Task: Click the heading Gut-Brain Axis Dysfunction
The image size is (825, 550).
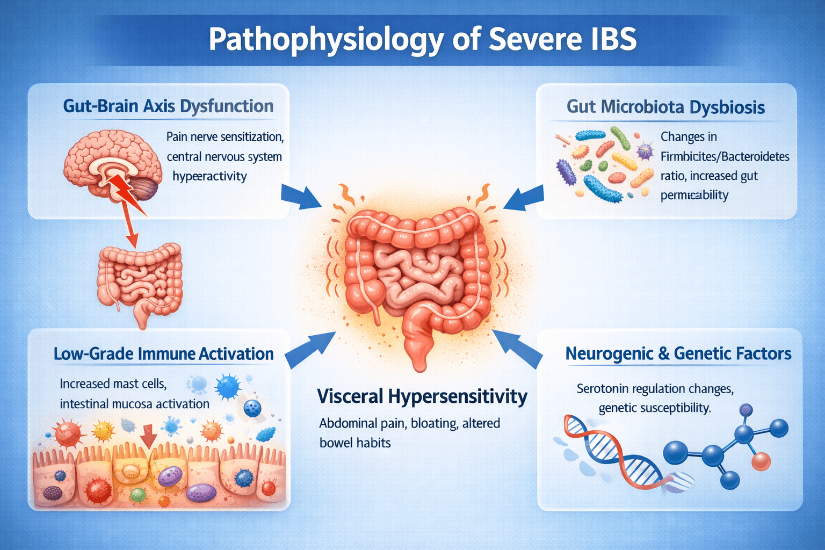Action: coord(168,106)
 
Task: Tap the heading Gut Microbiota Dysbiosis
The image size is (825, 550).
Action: coord(665,107)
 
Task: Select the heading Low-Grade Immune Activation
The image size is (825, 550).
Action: coord(163,353)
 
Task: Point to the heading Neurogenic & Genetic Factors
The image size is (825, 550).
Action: coord(678,353)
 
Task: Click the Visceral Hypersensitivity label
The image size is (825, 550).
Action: coord(422,397)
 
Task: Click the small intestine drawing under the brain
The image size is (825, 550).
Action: coord(140,284)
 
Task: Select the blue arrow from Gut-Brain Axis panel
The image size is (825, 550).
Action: coord(300,196)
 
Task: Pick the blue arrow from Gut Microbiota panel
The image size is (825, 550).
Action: coord(524,199)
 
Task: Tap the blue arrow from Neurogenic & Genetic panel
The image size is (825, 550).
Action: coord(517,348)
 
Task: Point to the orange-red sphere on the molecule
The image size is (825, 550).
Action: coord(761,461)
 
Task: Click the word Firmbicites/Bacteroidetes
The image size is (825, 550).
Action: coord(725,157)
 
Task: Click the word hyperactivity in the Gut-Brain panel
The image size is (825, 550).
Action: coord(209,177)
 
